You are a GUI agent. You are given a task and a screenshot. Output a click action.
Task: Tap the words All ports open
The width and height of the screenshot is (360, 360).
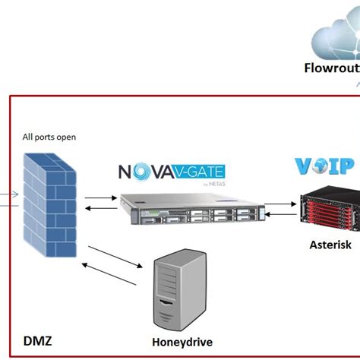(49, 137)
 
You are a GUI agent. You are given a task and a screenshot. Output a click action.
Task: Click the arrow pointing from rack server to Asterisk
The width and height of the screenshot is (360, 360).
(281, 204)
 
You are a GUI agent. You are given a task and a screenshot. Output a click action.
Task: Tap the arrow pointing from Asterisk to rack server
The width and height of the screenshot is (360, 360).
(281, 216)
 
